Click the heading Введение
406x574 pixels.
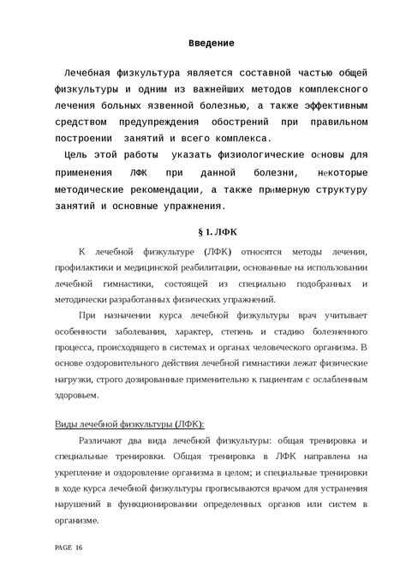tap(211, 42)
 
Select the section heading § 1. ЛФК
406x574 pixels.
tap(211, 232)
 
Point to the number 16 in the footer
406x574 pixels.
tap(80, 547)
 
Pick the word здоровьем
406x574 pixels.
tap(76, 396)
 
